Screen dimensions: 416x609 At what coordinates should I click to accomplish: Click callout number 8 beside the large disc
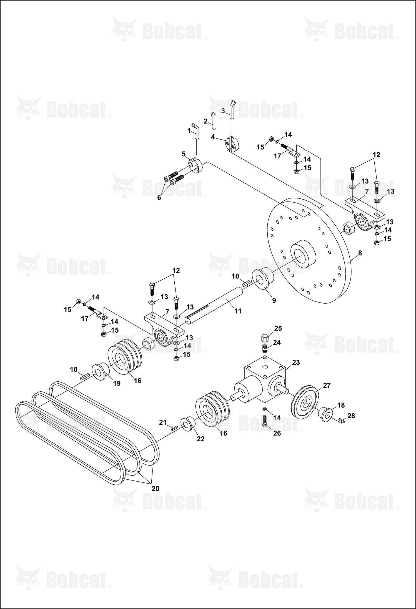(x=360, y=253)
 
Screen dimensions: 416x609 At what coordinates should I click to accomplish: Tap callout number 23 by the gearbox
(x=296, y=362)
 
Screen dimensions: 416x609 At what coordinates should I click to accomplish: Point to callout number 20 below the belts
(x=156, y=489)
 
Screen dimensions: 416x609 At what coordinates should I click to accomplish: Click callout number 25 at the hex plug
(x=278, y=328)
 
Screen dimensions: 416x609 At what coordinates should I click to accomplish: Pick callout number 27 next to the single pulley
(x=327, y=386)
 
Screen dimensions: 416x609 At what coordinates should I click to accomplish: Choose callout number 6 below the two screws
(x=159, y=198)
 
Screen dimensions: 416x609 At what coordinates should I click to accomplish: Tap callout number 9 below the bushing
(x=274, y=300)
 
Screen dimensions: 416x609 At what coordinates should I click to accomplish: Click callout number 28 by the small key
(x=351, y=416)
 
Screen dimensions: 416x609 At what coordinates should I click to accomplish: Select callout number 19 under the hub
(x=117, y=383)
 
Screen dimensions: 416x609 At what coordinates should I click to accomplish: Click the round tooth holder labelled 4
(x=232, y=144)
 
